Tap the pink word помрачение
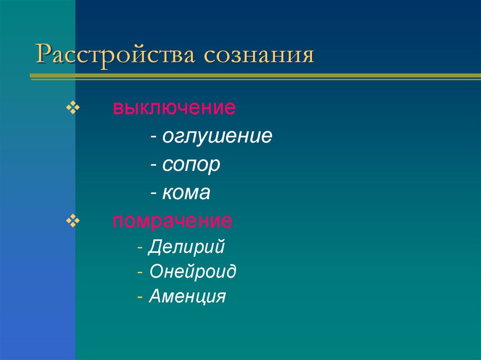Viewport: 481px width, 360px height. pos(172,221)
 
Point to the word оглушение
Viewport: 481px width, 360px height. pos(217,137)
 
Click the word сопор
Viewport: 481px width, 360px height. pos(191,165)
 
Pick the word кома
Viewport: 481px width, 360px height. pos(186,193)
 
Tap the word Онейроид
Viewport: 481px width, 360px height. pos(193,272)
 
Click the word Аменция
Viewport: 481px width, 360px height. pos(187,297)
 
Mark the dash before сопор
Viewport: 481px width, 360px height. pos(154,166)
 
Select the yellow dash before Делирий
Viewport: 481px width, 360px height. pos(141,248)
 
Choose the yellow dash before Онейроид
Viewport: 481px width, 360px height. pos(141,273)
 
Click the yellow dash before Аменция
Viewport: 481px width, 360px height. pos(141,298)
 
